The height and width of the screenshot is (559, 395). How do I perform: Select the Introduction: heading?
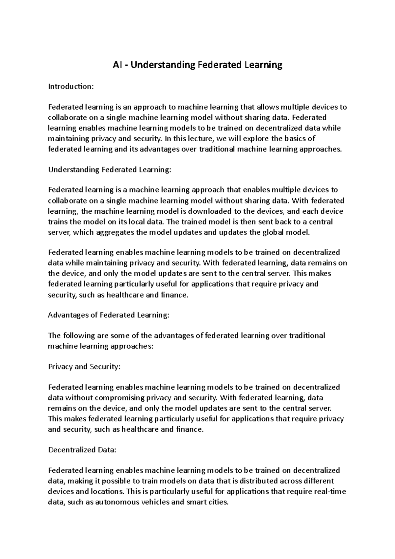click(x=71, y=87)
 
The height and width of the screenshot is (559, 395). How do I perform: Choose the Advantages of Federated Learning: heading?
click(x=109, y=315)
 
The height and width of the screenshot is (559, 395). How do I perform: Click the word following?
click(x=76, y=335)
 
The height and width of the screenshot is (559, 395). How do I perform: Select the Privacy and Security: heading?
click(x=84, y=366)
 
